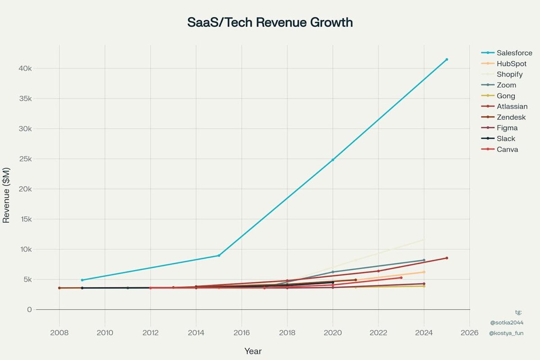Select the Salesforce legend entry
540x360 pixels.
(x=514, y=53)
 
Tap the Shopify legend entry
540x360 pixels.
(x=510, y=74)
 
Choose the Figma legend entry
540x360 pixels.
(x=507, y=128)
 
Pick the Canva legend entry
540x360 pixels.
(x=507, y=149)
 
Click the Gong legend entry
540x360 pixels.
(x=506, y=96)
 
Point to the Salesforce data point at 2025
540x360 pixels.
(x=446, y=59)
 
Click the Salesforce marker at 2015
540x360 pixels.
(x=219, y=256)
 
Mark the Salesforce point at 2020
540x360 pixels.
(x=333, y=160)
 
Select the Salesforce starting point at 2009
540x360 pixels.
(x=82, y=280)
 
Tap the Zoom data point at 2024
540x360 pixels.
(x=424, y=260)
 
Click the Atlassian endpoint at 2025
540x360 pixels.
(x=446, y=258)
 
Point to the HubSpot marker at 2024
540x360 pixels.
(x=424, y=272)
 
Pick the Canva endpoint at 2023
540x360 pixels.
(x=401, y=278)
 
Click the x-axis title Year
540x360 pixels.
(x=253, y=351)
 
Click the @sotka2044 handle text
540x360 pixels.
(x=507, y=323)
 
